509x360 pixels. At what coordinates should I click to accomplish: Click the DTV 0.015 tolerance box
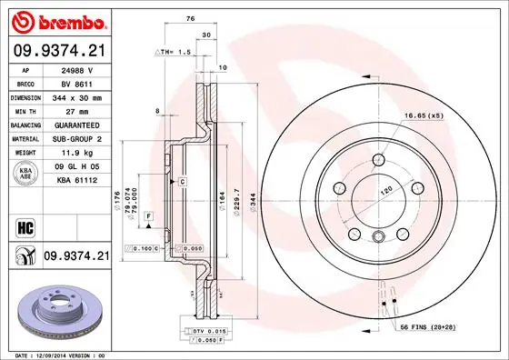(210, 331)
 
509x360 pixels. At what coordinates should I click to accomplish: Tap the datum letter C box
(183, 182)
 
